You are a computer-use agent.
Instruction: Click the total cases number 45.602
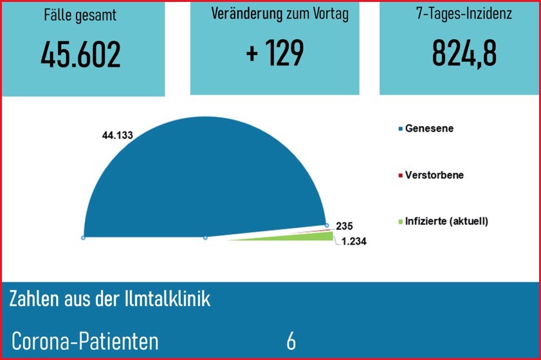(81, 55)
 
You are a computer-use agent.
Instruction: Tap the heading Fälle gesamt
(81, 15)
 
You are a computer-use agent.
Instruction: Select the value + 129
(275, 54)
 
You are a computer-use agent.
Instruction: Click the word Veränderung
(248, 15)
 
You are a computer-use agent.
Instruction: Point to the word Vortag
(327, 15)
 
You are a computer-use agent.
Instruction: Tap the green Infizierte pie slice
(315, 237)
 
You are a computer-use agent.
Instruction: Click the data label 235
(344, 226)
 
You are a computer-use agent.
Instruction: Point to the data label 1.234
(353, 241)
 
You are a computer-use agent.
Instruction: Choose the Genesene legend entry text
(429, 129)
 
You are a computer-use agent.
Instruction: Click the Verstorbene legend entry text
(434, 175)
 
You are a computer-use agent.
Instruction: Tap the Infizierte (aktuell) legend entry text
(446, 221)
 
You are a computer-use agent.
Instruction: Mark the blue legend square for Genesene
(401, 129)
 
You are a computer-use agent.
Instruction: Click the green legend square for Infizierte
(401, 222)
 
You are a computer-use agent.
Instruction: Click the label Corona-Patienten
(85, 341)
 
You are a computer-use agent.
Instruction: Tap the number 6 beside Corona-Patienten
(291, 341)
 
